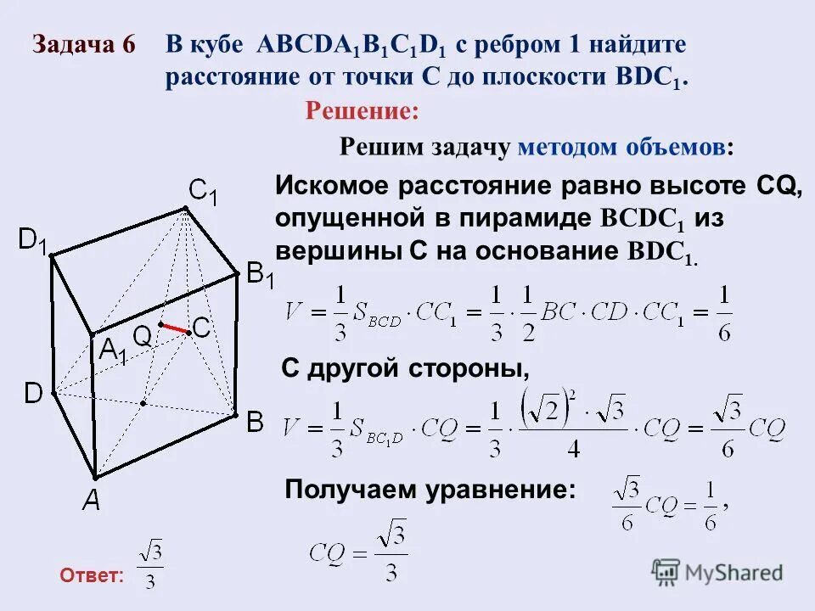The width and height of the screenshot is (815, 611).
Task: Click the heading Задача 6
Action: pyautogui.click(x=84, y=46)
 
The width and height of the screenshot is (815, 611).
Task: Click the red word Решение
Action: pyautogui.click(x=363, y=110)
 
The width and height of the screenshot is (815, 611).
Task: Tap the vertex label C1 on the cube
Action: pyautogui.click(x=203, y=193)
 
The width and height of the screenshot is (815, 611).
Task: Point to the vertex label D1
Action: pyautogui.click(x=35, y=241)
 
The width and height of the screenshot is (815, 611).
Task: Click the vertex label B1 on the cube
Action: pyautogui.click(x=259, y=276)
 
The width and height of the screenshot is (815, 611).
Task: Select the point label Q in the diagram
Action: pyautogui.click(x=142, y=337)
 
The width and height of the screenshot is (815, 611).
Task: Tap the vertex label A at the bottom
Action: pyautogui.click(x=91, y=502)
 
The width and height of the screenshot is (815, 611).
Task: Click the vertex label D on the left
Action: pyautogui.click(x=32, y=394)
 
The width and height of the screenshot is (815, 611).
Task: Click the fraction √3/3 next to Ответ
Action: pyautogui.click(x=151, y=568)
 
